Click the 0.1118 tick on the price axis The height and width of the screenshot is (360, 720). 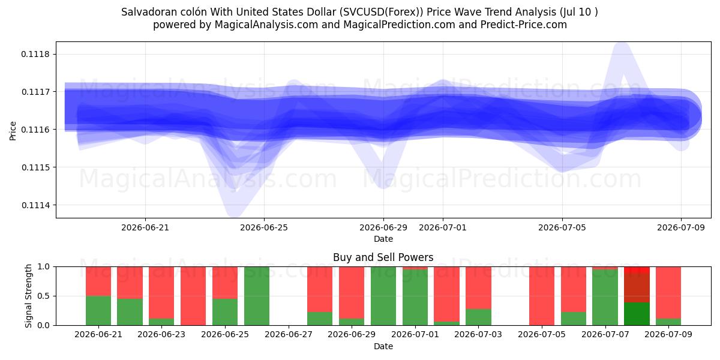(35, 54)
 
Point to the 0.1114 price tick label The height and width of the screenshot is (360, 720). (35, 205)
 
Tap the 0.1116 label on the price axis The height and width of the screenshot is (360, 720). (35, 130)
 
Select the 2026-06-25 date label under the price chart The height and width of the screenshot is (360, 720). (264, 227)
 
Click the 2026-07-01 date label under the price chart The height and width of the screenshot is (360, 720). (443, 227)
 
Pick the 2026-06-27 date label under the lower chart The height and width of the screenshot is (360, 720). (289, 334)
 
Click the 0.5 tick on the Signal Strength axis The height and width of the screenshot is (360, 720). (44, 296)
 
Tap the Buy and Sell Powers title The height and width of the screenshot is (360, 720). (383, 257)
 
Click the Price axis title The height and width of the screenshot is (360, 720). (13, 131)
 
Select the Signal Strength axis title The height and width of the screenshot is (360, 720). (28, 296)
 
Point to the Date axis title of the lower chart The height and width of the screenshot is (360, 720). (383, 346)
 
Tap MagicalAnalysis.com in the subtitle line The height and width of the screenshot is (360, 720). (266, 25)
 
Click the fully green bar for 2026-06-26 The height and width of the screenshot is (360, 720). (257, 296)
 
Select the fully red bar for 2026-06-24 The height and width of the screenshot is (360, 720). (193, 296)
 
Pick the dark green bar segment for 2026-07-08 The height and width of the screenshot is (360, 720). (637, 314)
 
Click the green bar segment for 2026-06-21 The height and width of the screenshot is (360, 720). (98, 311)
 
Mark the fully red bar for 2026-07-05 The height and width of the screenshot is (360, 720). (542, 296)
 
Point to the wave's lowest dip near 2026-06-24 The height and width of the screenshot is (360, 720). (235, 213)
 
